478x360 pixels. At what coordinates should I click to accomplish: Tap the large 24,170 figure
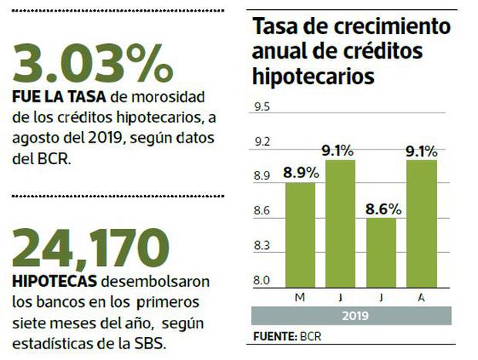(91, 245)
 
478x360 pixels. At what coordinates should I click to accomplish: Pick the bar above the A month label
(420, 224)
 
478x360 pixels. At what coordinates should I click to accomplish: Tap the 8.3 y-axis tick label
(263, 246)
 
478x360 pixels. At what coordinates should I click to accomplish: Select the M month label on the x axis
(299, 296)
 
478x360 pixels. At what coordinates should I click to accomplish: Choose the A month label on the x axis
(420, 296)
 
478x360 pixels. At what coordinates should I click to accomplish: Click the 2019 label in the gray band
(355, 315)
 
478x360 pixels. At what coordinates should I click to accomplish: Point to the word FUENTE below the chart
(274, 337)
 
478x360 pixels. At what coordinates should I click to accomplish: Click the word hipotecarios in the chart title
(314, 76)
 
